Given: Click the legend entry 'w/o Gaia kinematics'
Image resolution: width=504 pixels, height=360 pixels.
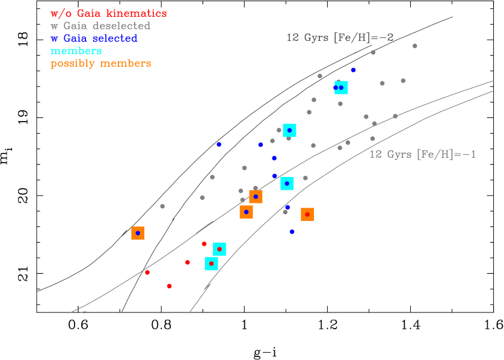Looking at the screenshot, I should tap(108, 13).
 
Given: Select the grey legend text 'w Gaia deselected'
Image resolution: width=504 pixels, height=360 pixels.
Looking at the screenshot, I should tap(100, 26).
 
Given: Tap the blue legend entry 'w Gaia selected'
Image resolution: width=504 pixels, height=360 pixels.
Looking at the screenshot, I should tap(94, 39).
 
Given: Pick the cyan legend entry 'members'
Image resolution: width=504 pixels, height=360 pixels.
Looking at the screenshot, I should tap(76, 51).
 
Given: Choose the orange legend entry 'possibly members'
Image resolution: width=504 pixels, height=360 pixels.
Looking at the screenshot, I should tap(100, 64).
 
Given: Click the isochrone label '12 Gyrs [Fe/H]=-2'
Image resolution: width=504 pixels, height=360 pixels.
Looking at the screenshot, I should tap(340, 37).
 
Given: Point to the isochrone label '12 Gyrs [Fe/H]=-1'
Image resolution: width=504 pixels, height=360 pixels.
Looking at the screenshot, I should tap(422, 154).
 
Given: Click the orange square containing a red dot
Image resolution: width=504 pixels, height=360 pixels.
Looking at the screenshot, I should tap(307, 214).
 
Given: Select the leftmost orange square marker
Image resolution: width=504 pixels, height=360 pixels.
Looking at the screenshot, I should tap(138, 233).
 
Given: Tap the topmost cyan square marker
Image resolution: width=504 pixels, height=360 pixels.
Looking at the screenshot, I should tap(341, 88).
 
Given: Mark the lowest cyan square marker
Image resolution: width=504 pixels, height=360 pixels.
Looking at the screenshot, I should tap(211, 264).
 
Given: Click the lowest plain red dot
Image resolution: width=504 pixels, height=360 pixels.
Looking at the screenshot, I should tap(169, 286).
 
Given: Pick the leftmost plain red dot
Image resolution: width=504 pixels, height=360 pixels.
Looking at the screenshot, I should tap(147, 272).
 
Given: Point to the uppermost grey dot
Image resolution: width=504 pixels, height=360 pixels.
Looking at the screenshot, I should tap(414, 46).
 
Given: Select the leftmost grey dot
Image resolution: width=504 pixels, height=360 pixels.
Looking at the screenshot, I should tap(162, 206).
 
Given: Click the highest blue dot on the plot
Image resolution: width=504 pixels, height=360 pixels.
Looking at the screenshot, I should tap(353, 70).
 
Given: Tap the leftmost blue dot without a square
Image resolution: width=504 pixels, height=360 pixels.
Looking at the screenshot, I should tap(219, 144).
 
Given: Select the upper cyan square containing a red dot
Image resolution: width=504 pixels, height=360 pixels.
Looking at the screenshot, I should tap(220, 249).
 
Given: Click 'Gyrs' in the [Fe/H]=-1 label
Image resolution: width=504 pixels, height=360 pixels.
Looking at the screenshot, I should tap(399, 154).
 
